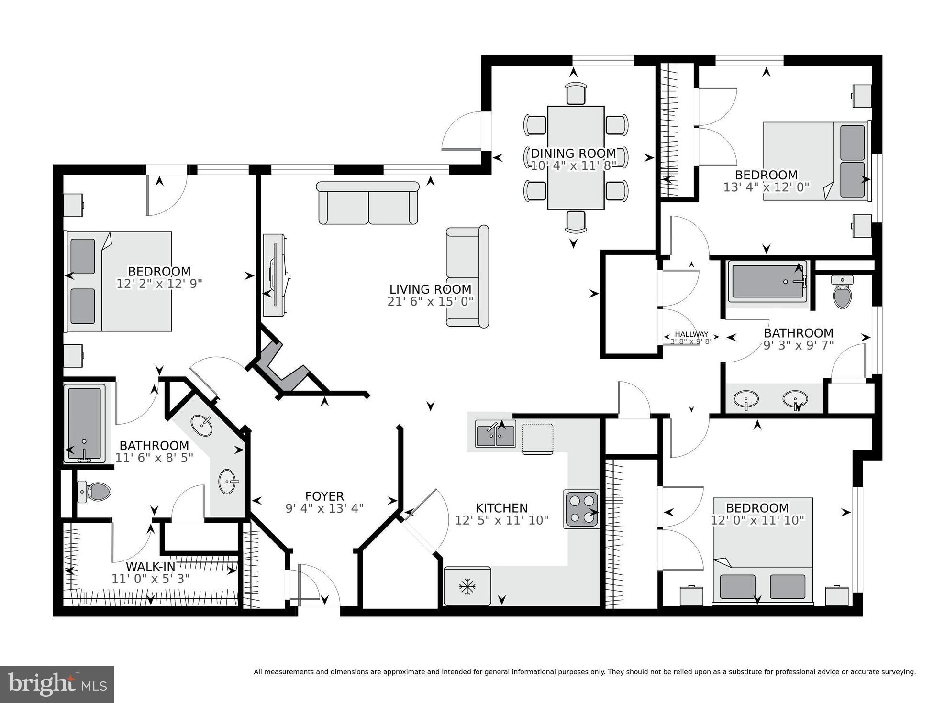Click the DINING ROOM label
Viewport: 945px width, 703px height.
[573, 154]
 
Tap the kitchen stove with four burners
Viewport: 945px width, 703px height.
[581, 509]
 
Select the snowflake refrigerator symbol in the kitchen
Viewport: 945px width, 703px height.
[467, 586]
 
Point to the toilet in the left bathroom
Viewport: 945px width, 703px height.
[94, 491]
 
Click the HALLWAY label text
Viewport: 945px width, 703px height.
[691, 334]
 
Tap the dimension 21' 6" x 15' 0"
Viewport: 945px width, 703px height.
[430, 301]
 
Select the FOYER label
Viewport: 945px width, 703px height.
[324, 496]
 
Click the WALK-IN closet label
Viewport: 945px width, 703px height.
[150, 567]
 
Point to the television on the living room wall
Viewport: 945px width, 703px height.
[275, 275]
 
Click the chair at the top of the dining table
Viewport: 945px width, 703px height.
[576, 93]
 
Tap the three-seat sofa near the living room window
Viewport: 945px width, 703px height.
[368, 203]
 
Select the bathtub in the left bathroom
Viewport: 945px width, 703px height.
[85, 424]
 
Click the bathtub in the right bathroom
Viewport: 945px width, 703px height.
[767, 281]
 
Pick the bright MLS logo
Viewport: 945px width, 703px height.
[57, 684]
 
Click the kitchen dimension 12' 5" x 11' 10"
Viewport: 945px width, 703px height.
[501, 520]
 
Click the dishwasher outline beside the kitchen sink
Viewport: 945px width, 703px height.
[537, 438]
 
